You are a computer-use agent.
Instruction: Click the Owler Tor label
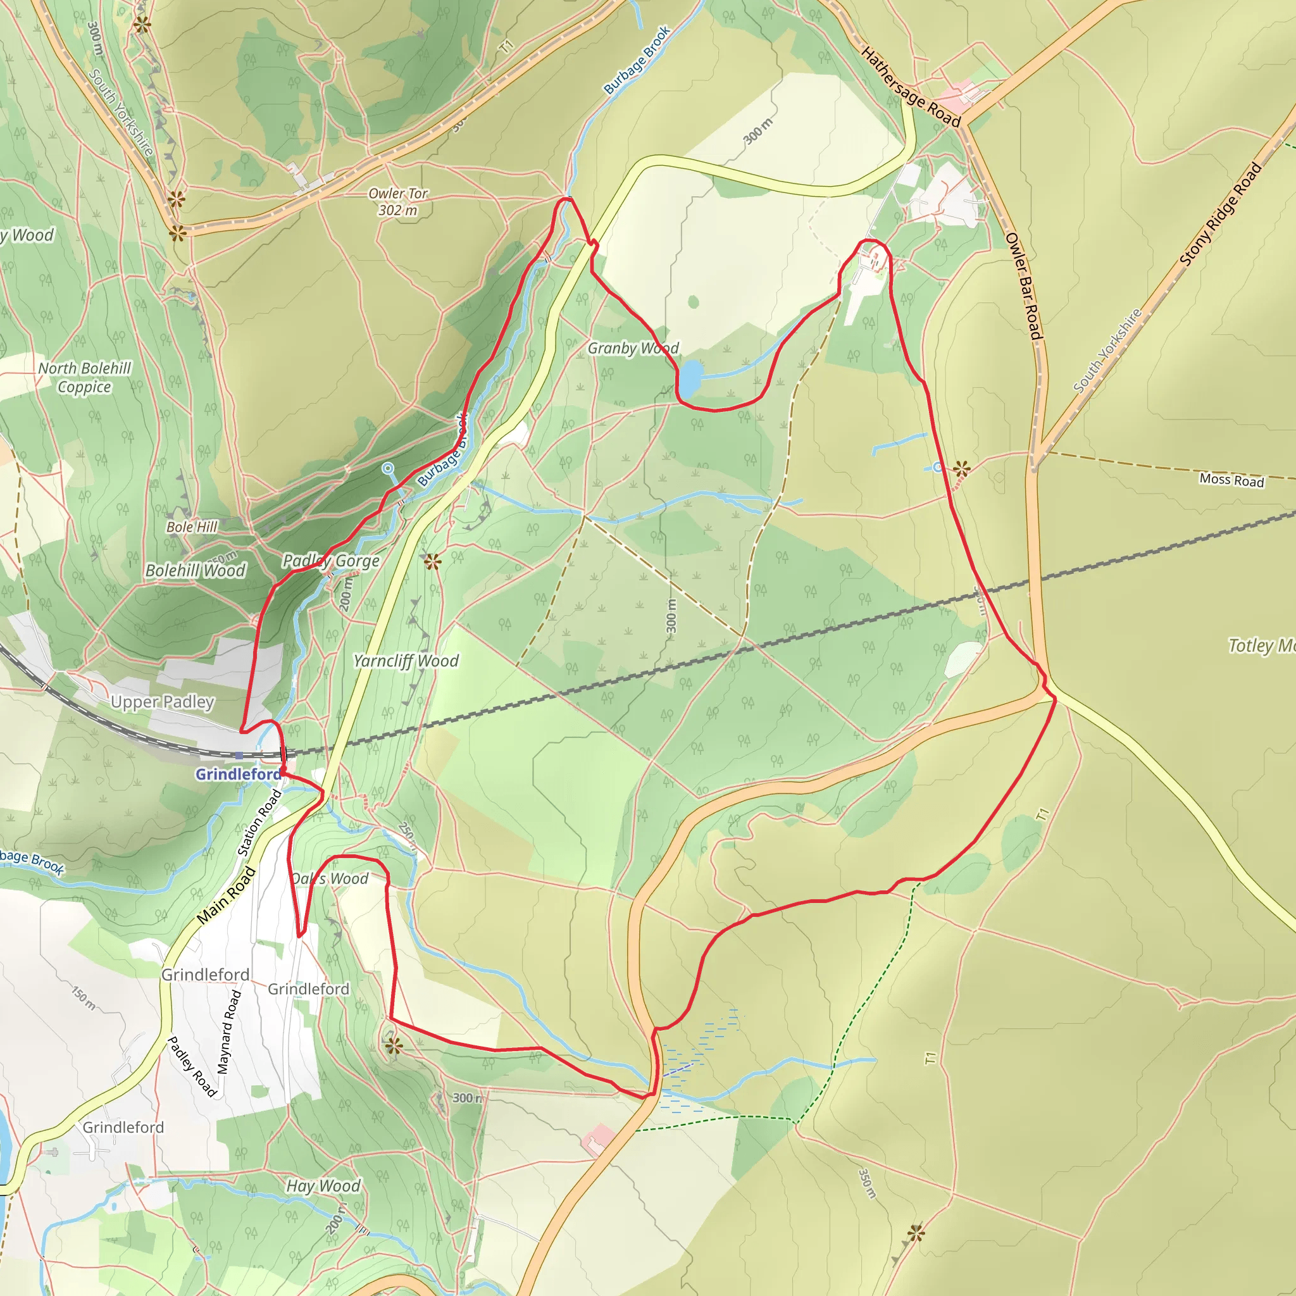(398, 201)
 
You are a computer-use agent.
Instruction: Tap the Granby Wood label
(633, 348)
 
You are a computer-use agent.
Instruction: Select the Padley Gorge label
(331, 560)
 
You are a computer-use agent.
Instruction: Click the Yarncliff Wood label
(406, 661)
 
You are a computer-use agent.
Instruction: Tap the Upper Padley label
(163, 702)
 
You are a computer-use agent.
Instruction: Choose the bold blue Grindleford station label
(238, 774)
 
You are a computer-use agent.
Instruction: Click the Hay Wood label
(323, 1185)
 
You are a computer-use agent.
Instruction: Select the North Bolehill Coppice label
(85, 377)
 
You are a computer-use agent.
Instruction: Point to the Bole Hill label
(192, 526)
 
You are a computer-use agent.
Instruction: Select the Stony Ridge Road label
(1220, 215)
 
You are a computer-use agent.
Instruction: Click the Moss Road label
(1231, 480)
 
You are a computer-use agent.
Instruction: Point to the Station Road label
(259, 823)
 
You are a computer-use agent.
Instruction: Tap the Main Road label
(226, 895)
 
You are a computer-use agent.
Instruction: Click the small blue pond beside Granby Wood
(690, 378)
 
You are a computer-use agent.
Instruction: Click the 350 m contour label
(867, 1184)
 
